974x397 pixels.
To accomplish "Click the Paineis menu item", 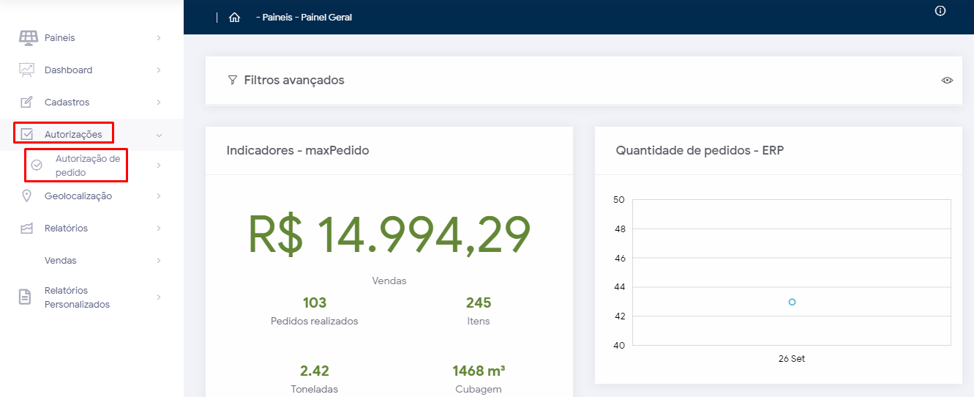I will tap(59, 38).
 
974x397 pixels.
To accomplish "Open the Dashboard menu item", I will tap(68, 70).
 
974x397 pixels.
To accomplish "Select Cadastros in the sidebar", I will tap(67, 103).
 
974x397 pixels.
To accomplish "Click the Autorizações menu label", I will tap(73, 135).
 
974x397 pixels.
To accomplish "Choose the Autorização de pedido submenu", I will tap(87, 166).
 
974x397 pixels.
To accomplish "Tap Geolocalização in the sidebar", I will tap(78, 196).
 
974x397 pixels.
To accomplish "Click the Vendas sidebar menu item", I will tap(60, 261).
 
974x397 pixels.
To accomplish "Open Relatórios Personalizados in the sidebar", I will tap(77, 297).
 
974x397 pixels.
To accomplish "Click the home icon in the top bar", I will tap(234, 18).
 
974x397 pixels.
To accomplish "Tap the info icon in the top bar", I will tap(940, 11).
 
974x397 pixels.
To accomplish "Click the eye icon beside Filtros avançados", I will tap(947, 80).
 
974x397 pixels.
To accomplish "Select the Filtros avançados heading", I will tap(293, 81).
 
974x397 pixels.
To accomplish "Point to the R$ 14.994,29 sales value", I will tap(389, 234).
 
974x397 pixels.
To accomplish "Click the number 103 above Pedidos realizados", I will tap(315, 303).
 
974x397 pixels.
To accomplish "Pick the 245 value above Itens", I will tap(479, 303).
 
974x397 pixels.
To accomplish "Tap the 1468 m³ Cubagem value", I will tap(479, 371).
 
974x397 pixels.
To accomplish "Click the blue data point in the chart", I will tap(792, 302).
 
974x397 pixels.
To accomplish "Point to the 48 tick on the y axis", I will tap(619, 229).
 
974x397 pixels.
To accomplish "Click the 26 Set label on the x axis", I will tap(792, 359).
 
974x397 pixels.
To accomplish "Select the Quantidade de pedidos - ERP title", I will tap(700, 151).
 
